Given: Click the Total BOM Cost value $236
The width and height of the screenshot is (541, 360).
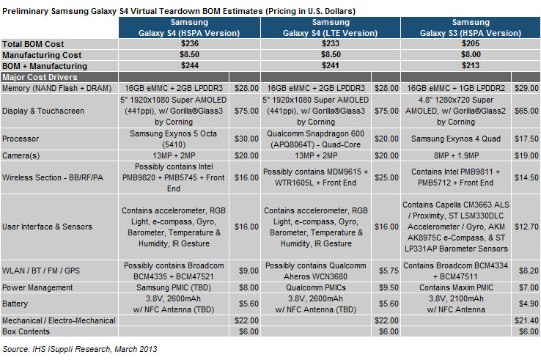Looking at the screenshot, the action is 190,43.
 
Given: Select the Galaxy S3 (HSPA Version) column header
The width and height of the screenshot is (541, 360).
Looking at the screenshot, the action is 471,28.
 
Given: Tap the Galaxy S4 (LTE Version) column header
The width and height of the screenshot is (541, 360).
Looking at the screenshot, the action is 331,28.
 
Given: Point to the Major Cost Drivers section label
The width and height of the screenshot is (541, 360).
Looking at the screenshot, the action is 40,77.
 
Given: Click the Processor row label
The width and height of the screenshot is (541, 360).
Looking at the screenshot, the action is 21,139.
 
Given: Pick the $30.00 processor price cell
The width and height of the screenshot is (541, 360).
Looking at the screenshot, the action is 246,139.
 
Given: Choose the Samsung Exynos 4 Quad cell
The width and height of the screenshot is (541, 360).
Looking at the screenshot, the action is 456,139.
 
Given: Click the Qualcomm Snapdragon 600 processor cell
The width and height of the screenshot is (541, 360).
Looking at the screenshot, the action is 315,139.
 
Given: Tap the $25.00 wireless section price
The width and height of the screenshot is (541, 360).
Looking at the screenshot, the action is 386,177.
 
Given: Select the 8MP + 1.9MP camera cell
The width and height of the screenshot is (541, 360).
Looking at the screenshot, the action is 456,155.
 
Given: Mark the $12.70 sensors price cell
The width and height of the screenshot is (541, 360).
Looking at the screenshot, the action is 526,227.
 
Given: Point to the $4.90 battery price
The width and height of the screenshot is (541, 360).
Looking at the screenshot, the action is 529,304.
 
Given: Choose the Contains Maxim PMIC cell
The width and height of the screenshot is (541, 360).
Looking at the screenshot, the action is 456,287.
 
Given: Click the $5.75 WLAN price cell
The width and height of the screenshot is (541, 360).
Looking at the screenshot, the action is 389,271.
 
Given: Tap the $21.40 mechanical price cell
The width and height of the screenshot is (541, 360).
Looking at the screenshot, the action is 526,320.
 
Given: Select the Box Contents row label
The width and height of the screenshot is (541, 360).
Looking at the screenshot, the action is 26,331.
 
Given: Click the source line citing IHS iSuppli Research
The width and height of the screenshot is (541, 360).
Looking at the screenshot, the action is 80,349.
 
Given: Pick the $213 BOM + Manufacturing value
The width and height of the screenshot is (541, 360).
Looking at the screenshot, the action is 471,65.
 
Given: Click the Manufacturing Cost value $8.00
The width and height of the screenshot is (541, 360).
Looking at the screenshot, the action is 471,54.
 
